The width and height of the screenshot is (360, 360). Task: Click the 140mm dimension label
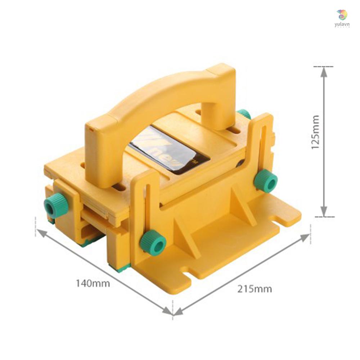pos(93,283)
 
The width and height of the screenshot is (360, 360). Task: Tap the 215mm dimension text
pos(255,288)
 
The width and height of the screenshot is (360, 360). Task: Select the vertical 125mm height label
pos(315,132)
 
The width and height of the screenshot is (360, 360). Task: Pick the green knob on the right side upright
pos(266,180)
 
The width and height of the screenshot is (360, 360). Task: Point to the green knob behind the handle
pos(244,114)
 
